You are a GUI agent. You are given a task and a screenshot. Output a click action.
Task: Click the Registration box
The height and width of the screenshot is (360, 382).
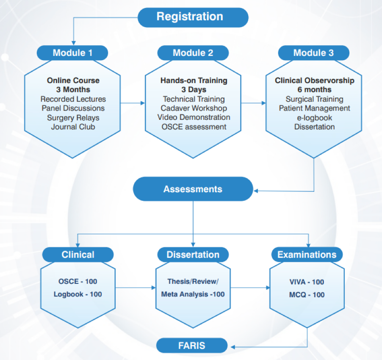(x=193, y=17)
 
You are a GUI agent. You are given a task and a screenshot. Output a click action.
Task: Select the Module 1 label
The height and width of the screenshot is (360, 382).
(x=72, y=53)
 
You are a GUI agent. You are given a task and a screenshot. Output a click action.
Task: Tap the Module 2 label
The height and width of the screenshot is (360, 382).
(x=193, y=53)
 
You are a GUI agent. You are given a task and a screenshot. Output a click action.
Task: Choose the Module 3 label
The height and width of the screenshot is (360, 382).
(x=313, y=53)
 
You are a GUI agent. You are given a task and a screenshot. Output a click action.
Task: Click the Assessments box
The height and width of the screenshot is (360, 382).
(x=193, y=189)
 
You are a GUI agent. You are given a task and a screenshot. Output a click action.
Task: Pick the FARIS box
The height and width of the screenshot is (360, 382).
(x=191, y=345)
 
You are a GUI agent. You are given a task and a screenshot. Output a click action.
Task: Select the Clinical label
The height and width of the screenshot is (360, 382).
(x=78, y=255)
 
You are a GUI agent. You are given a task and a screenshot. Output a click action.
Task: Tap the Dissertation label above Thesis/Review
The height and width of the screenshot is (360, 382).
(x=193, y=255)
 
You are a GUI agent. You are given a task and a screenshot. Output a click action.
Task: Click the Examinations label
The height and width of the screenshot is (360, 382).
(x=307, y=255)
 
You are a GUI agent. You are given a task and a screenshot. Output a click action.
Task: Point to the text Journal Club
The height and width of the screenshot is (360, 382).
(x=73, y=126)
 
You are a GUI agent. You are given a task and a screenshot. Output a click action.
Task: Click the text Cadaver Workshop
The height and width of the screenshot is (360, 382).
(x=194, y=108)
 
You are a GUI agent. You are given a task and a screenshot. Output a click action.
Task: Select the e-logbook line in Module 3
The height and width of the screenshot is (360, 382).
(x=314, y=117)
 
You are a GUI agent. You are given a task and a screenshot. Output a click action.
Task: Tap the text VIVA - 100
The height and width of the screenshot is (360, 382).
(x=306, y=282)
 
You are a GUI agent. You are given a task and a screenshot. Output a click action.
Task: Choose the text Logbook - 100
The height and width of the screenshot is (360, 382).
(x=78, y=294)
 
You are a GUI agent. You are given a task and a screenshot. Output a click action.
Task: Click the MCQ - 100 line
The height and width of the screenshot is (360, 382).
(x=306, y=294)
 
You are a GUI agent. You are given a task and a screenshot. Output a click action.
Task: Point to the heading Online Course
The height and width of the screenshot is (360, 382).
(x=73, y=80)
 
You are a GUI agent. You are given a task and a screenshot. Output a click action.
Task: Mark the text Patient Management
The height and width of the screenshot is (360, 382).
(x=314, y=108)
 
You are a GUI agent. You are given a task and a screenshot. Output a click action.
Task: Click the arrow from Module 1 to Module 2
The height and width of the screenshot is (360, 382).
(x=133, y=102)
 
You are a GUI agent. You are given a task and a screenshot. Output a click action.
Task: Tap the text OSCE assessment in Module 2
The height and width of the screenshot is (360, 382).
(x=194, y=126)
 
